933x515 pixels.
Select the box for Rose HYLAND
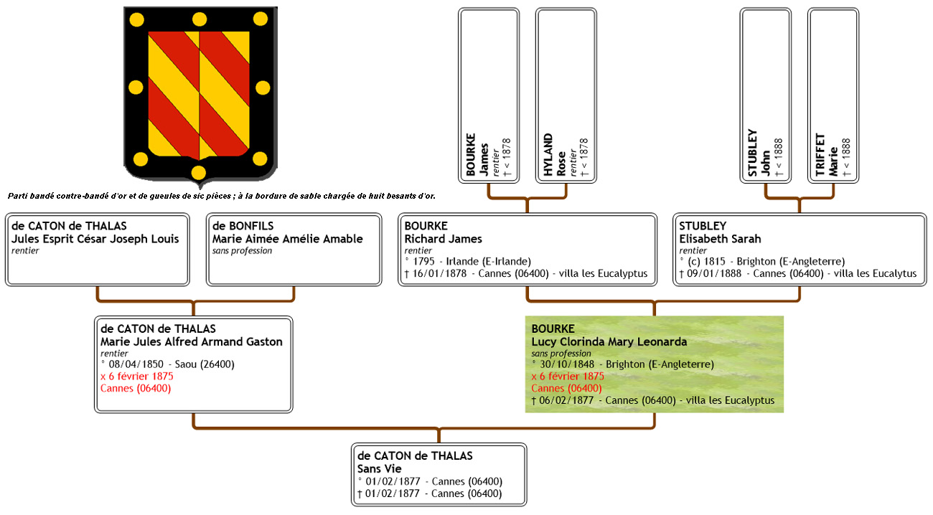pos(566,96)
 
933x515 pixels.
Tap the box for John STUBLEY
pos(766,96)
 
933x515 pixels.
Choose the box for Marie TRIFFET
pos(834,96)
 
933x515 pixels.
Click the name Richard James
pos(444,239)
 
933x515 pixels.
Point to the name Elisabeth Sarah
pos(720,239)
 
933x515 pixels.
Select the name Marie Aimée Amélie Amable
pos(287,239)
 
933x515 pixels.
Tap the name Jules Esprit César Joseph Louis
pos(95,239)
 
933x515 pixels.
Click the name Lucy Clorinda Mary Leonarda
pos(609,341)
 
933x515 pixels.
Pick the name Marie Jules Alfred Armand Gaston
pos(191,341)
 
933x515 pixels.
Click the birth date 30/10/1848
pos(567,364)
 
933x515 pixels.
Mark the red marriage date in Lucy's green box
pos(568,376)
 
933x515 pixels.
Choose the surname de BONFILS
pos(243,226)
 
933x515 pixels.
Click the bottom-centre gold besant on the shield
pos(199,172)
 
